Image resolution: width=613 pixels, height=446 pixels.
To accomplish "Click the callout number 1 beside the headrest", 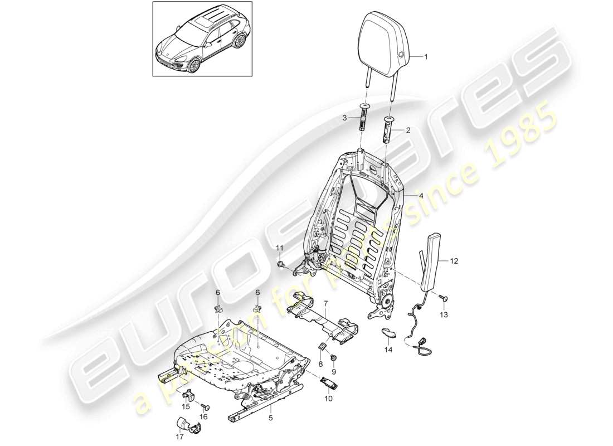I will coord(426,56).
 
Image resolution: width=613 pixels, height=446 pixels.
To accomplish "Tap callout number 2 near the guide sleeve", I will coord(408,130).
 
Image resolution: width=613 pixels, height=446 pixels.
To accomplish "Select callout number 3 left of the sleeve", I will coord(344,118).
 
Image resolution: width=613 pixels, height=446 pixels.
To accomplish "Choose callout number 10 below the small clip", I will coord(328,398).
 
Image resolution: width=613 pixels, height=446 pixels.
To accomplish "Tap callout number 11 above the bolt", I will coord(280,247).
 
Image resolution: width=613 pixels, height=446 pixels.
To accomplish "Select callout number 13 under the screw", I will coord(444,315).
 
